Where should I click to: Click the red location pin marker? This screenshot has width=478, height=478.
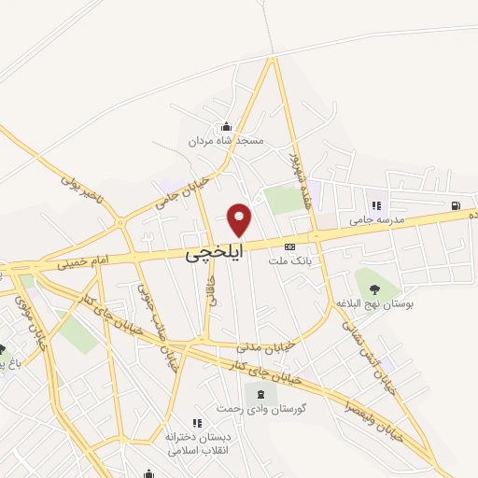(240, 219)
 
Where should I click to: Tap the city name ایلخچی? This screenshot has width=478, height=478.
(214, 252)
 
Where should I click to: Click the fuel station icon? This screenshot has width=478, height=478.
(455, 205)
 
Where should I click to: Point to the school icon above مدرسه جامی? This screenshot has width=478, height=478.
(376, 205)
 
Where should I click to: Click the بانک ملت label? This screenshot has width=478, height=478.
(288, 263)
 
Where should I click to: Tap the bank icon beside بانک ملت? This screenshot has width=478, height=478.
(289, 247)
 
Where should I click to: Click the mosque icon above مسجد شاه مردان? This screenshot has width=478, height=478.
(225, 127)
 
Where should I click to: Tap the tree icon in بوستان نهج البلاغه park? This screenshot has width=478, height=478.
(375, 288)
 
